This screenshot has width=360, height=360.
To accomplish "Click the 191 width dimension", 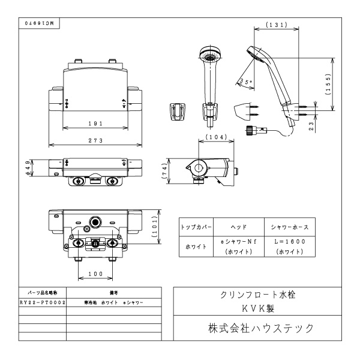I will click(95, 123).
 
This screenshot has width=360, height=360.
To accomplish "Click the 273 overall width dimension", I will click(95, 140).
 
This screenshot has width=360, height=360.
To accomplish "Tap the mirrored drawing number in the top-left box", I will click(39, 22).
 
